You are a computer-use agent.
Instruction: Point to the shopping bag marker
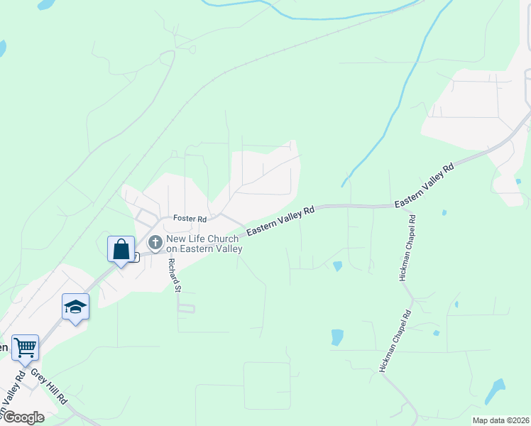(x=121, y=249)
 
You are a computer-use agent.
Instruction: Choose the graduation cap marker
(x=75, y=307)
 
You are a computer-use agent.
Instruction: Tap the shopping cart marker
(x=25, y=348)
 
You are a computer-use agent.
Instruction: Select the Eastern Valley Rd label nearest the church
(x=280, y=222)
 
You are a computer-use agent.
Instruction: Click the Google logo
(x=23, y=417)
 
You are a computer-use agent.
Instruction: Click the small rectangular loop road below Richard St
(x=186, y=309)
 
